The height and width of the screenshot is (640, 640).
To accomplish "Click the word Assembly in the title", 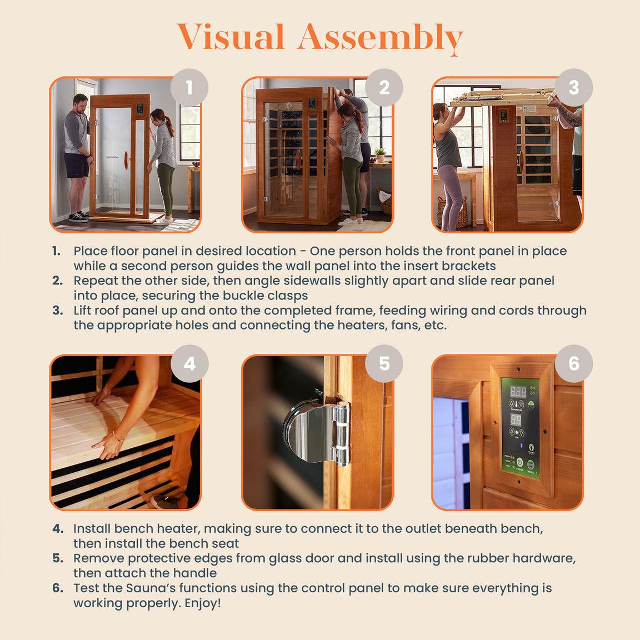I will coord(380,38).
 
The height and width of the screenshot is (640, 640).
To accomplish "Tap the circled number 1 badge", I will coord(189,88).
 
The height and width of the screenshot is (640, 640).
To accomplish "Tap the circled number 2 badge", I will coord(384,88).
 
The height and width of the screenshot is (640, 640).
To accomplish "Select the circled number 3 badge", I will coord(574,88).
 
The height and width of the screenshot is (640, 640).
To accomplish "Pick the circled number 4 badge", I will coord(189,364).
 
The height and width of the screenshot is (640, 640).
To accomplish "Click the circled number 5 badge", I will coord(384,364).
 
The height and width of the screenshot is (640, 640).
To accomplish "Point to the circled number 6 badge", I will coord(574,364).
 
